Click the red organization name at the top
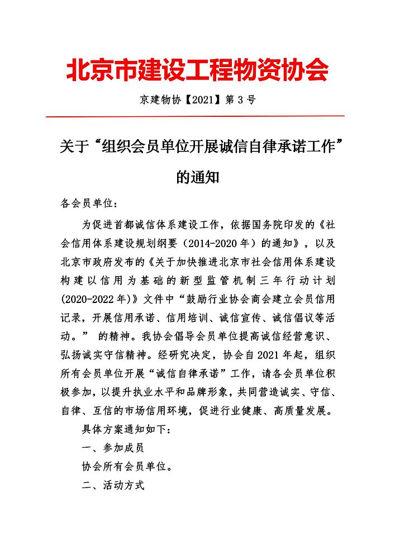click(x=197, y=71)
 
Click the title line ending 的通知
click(x=197, y=178)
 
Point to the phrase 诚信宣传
click(x=273, y=316)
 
